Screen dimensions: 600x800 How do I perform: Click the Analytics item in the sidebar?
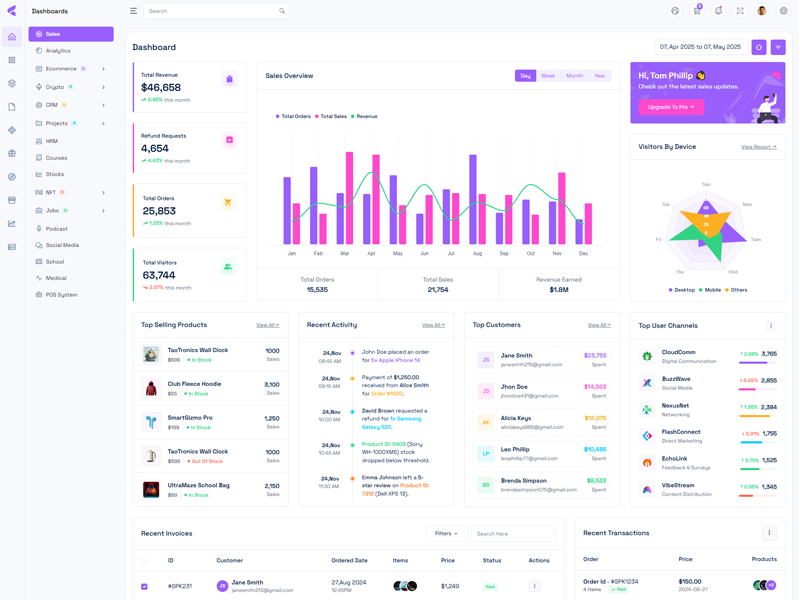(x=58, y=51)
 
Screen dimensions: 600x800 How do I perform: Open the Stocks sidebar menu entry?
(x=55, y=174)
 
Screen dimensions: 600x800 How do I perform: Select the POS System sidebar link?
(x=61, y=295)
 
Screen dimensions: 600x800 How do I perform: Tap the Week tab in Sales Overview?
(x=548, y=76)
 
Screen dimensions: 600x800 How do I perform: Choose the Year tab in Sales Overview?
(x=599, y=76)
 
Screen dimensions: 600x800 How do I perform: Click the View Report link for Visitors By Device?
(x=758, y=147)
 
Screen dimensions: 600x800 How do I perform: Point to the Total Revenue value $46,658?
(x=161, y=88)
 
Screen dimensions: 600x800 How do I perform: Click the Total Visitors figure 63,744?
(x=159, y=275)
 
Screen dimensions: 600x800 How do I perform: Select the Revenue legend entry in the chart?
(x=366, y=117)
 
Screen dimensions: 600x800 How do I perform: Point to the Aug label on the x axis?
(x=477, y=254)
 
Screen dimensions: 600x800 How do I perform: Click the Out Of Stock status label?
(x=206, y=461)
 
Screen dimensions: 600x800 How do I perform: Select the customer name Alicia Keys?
(x=516, y=418)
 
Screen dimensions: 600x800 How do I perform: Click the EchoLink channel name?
(x=674, y=459)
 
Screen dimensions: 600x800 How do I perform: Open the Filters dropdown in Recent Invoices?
(x=446, y=534)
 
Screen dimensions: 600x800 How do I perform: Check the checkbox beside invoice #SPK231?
(x=144, y=586)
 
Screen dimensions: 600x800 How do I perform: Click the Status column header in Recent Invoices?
(x=491, y=561)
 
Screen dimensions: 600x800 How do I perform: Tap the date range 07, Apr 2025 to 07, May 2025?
(x=701, y=47)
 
